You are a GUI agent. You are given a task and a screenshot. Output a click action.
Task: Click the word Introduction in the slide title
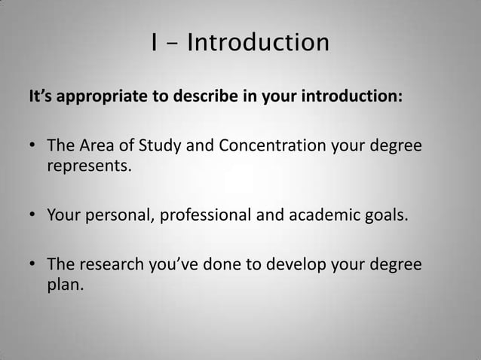point(258,43)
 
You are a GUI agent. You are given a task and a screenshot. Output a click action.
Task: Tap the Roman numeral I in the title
point(154,43)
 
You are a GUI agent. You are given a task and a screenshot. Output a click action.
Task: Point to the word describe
point(198,98)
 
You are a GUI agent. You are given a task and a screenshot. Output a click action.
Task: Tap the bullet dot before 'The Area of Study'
point(33,145)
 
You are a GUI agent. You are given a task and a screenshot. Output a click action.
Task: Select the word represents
point(89,166)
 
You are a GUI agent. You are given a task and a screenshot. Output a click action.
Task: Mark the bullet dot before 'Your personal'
point(33,218)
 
